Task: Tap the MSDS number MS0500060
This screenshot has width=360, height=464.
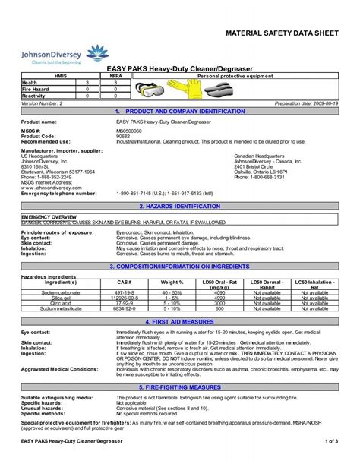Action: coord(133,131)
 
